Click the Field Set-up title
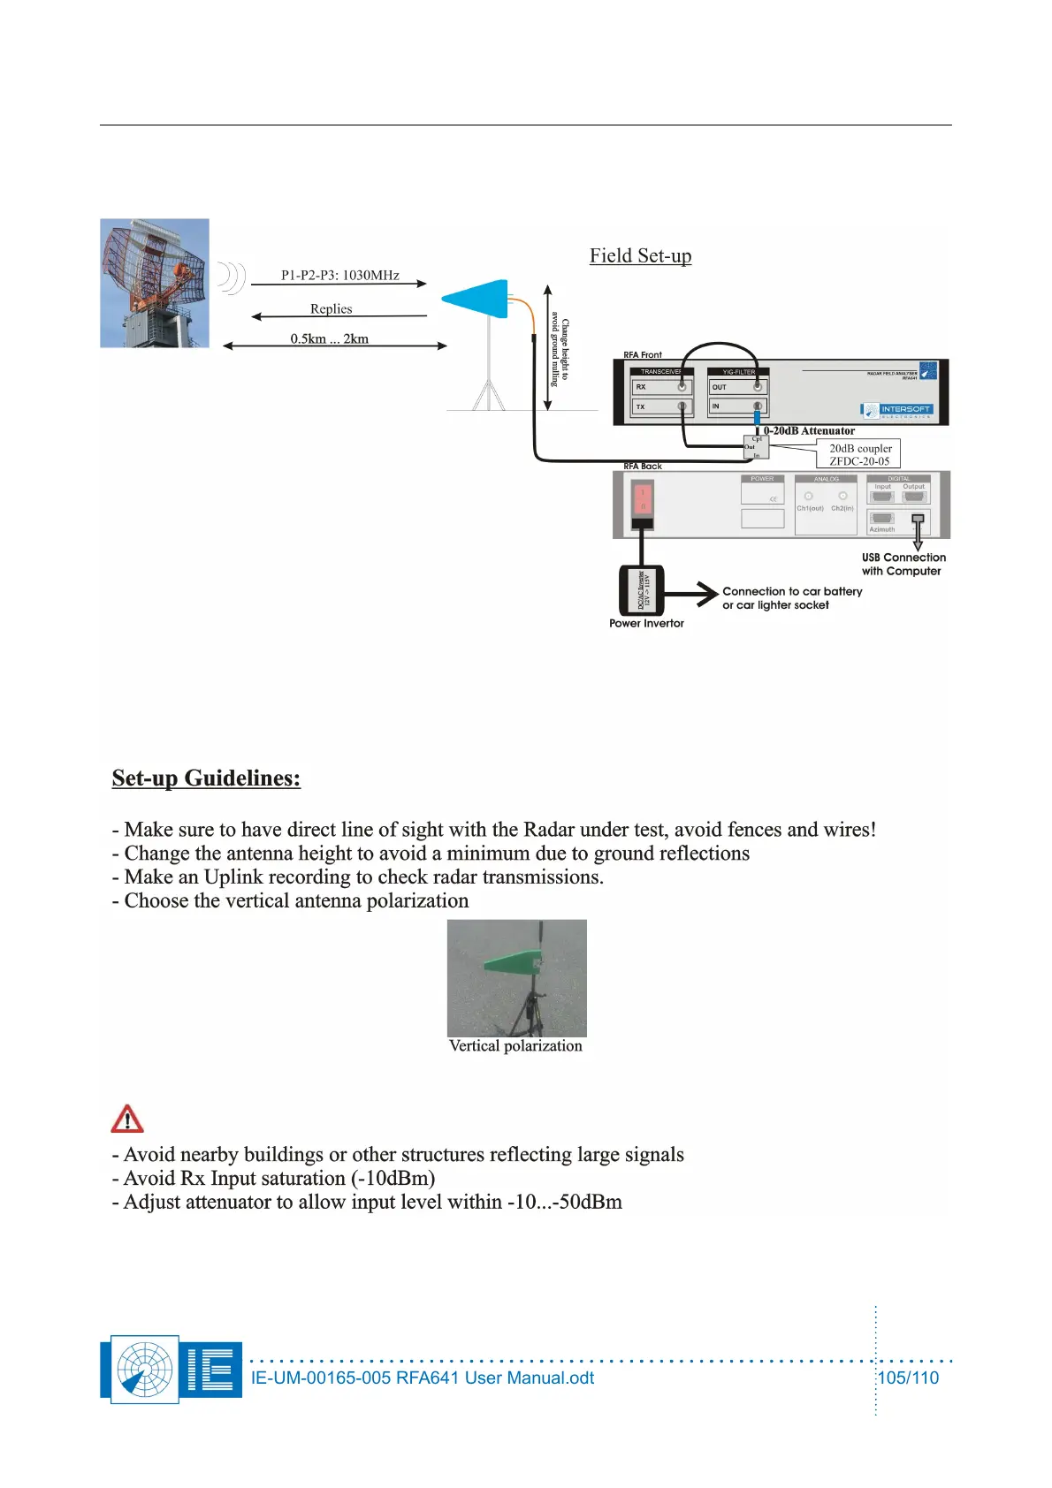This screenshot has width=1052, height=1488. [x=640, y=256]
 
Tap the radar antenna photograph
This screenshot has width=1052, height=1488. [x=155, y=283]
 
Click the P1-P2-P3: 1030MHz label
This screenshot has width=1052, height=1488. [x=339, y=275]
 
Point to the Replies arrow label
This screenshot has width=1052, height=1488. [x=331, y=308]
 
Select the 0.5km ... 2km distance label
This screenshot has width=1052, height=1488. [x=329, y=338]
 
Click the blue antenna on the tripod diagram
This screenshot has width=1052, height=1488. [x=477, y=299]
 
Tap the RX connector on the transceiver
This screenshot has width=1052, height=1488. [x=682, y=387]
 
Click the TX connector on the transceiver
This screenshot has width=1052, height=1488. [x=682, y=406]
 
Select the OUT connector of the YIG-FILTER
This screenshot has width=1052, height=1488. [x=757, y=387]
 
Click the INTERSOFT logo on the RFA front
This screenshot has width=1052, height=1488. [x=897, y=409]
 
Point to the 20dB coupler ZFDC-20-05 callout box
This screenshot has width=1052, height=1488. [x=859, y=454]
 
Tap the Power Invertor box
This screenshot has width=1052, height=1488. [x=642, y=589]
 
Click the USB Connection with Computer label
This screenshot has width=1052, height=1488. [x=903, y=564]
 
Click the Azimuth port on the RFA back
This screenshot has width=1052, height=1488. [x=882, y=520]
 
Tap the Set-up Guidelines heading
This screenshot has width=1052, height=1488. [x=206, y=778]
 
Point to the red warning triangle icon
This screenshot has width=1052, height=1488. [x=127, y=1119]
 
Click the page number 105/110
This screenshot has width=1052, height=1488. [x=907, y=1378]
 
